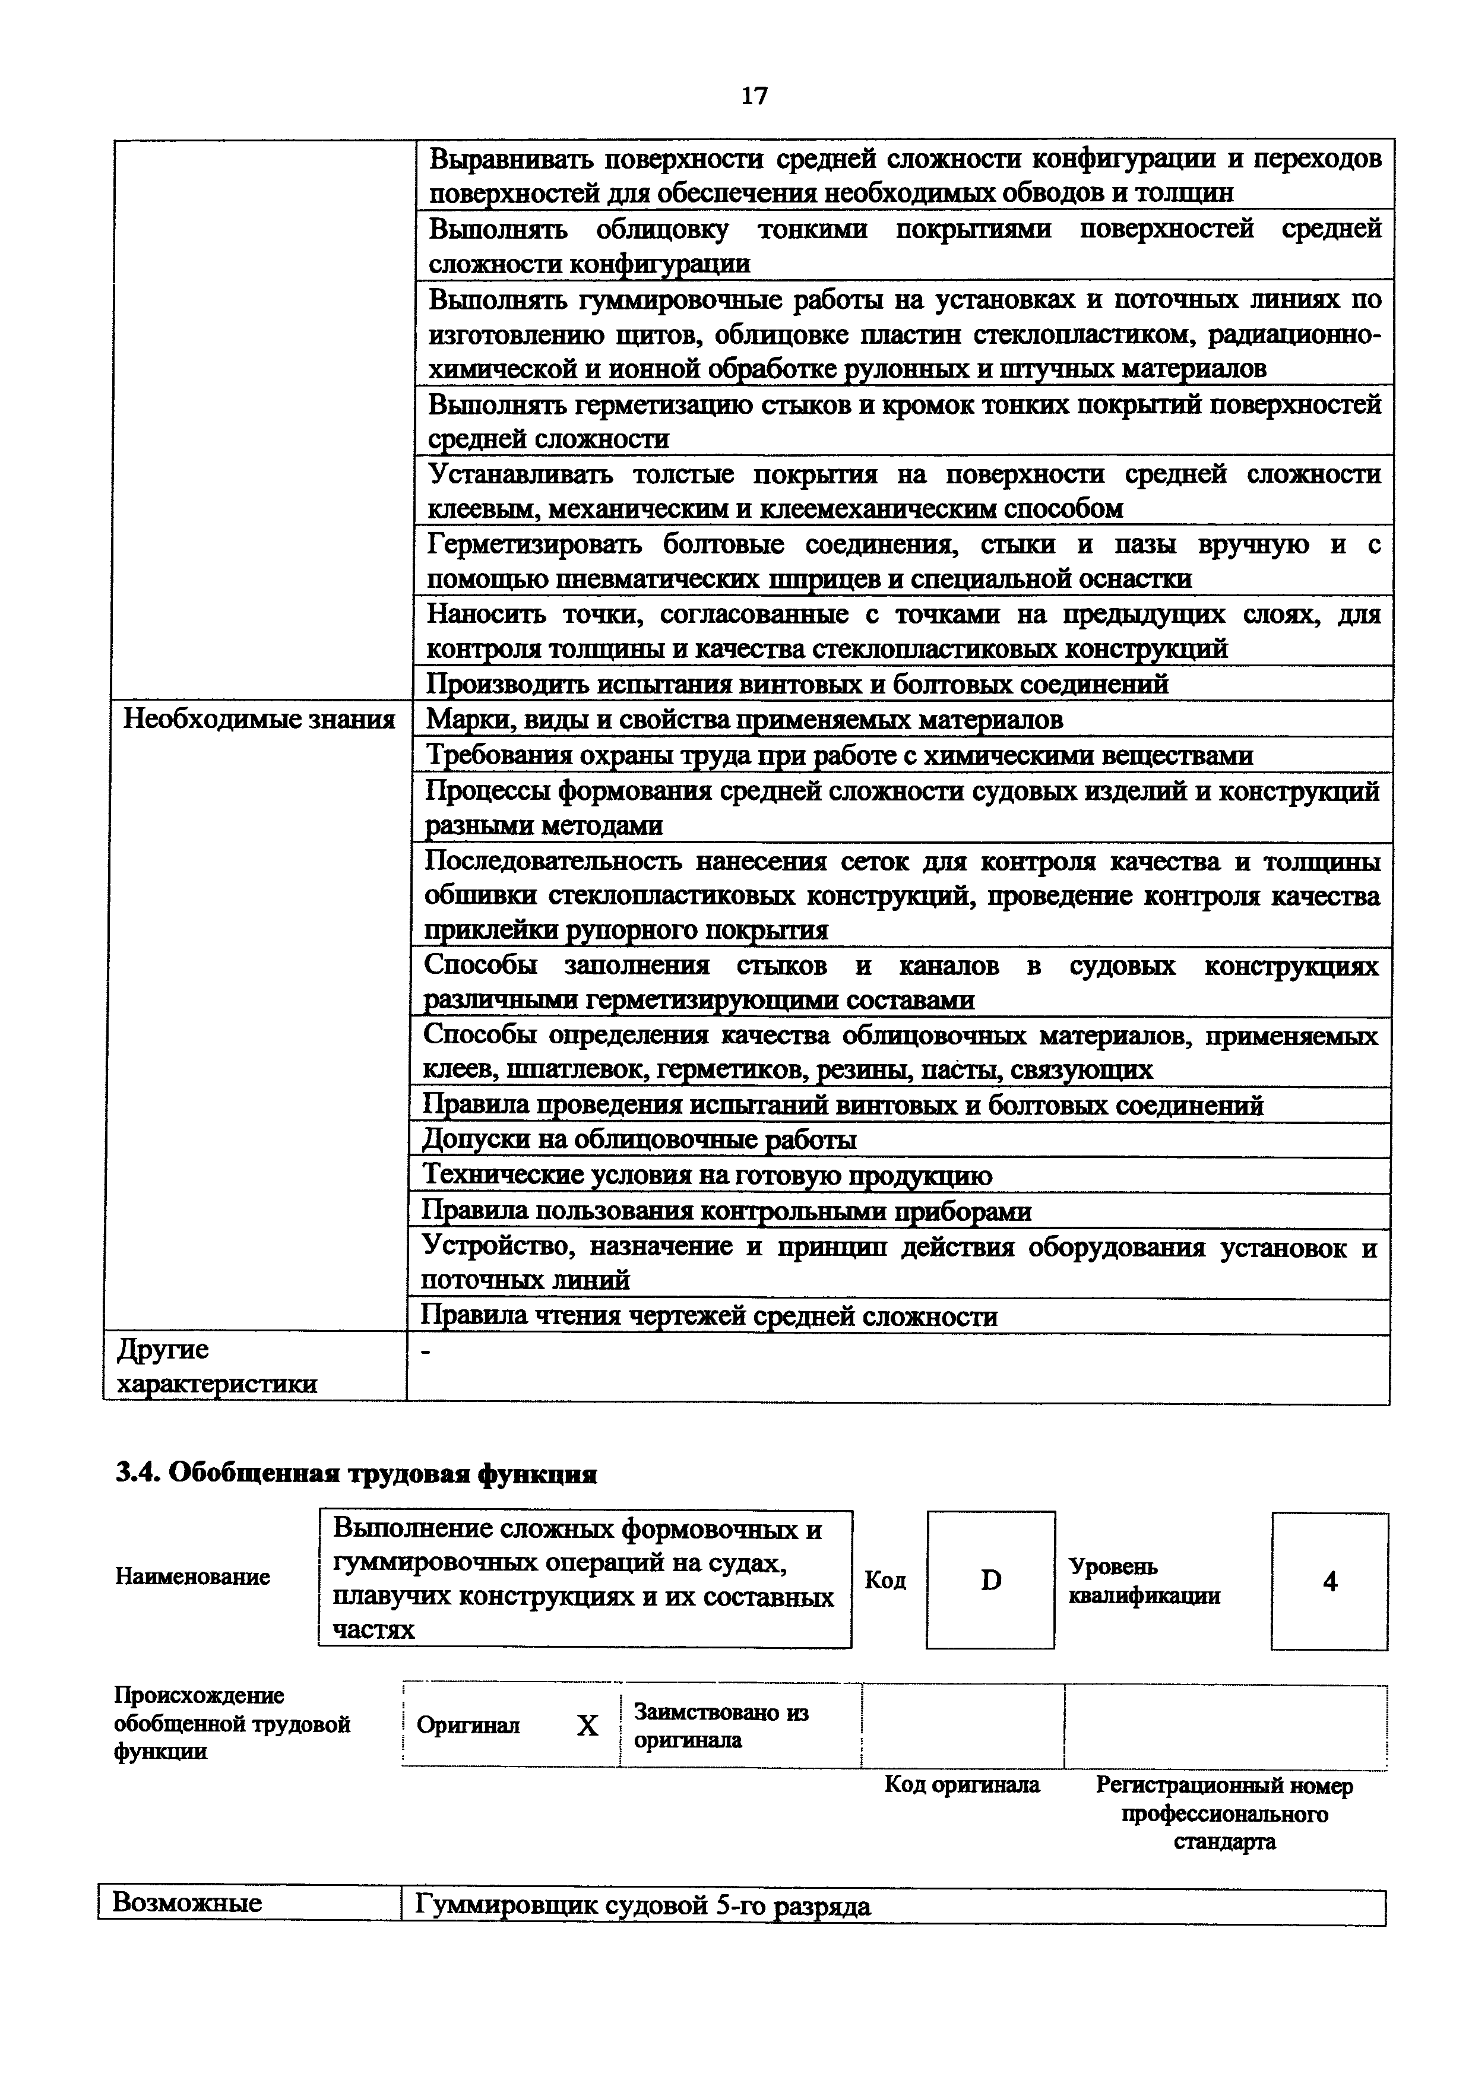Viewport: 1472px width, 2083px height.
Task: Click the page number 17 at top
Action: tap(754, 95)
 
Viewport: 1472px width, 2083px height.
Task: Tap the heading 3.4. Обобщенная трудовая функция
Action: tap(356, 1474)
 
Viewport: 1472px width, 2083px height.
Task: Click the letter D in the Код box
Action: tap(991, 1581)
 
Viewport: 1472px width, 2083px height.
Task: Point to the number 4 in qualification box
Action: tap(1329, 1581)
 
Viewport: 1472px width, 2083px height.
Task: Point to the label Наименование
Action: tap(192, 1577)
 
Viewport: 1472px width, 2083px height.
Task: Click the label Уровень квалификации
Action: tap(1143, 1581)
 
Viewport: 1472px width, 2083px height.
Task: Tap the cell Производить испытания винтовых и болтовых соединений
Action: tap(797, 683)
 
